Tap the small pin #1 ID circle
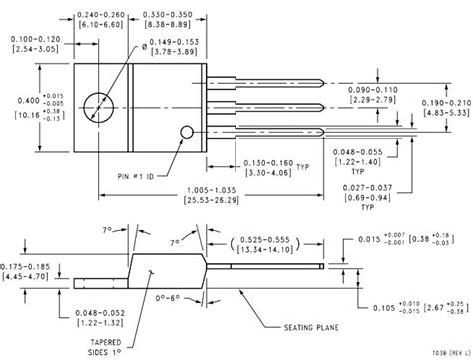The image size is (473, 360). pos(185,131)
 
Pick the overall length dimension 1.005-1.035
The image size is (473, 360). pos(198,189)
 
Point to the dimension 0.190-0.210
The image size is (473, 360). pos(443,101)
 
